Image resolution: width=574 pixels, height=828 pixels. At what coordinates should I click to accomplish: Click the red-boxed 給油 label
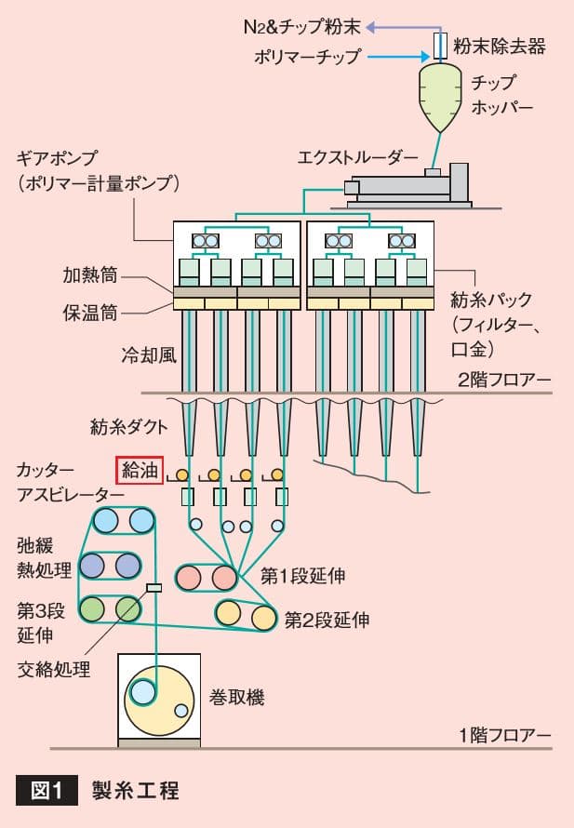[x=140, y=471]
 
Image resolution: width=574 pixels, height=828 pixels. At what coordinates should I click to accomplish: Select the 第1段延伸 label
[x=302, y=577]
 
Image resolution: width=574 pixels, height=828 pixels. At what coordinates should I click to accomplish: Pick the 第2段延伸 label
[x=326, y=619]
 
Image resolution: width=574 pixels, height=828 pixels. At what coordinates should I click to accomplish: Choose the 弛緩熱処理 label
[x=39, y=556]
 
